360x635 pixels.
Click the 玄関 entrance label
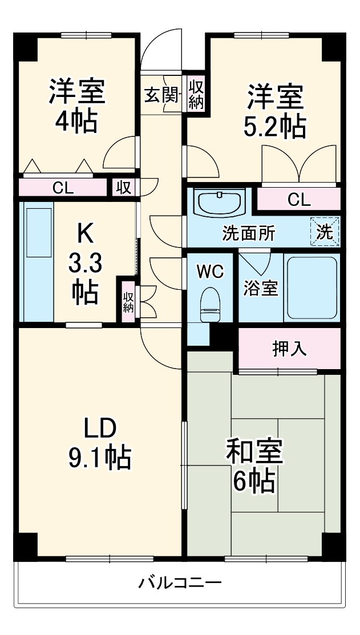(x=160, y=95)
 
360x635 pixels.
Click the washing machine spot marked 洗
(x=325, y=232)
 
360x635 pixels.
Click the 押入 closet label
(x=289, y=349)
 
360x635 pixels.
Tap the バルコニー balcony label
(x=180, y=583)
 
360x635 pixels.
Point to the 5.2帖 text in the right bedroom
(x=274, y=127)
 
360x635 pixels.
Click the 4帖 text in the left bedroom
(x=76, y=122)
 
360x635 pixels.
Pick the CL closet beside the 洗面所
(x=298, y=200)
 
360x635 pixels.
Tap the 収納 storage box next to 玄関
(x=196, y=94)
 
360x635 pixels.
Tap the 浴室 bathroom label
(x=261, y=288)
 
